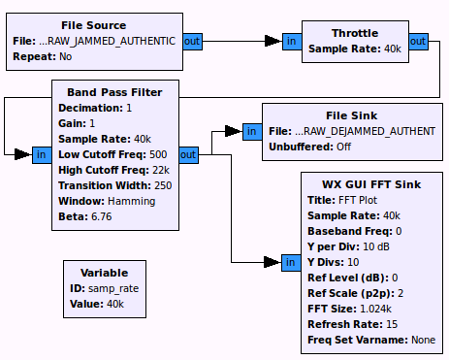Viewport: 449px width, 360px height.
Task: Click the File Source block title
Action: click(x=93, y=25)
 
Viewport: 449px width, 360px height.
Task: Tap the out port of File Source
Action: click(x=192, y=42)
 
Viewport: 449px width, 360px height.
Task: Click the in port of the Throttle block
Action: click(x=292, y=41)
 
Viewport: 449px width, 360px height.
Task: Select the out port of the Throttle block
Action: click(x=418, y=41)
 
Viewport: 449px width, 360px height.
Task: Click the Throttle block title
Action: click(x=354, y=31)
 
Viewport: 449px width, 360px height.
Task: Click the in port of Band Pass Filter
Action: click(x=42, y=154)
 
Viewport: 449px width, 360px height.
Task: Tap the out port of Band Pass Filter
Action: click(x=188, y=154)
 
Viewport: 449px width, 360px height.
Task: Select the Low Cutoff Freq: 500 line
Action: click(x=112, y=154)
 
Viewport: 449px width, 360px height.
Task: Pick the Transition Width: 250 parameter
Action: click(x=114, y=185)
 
